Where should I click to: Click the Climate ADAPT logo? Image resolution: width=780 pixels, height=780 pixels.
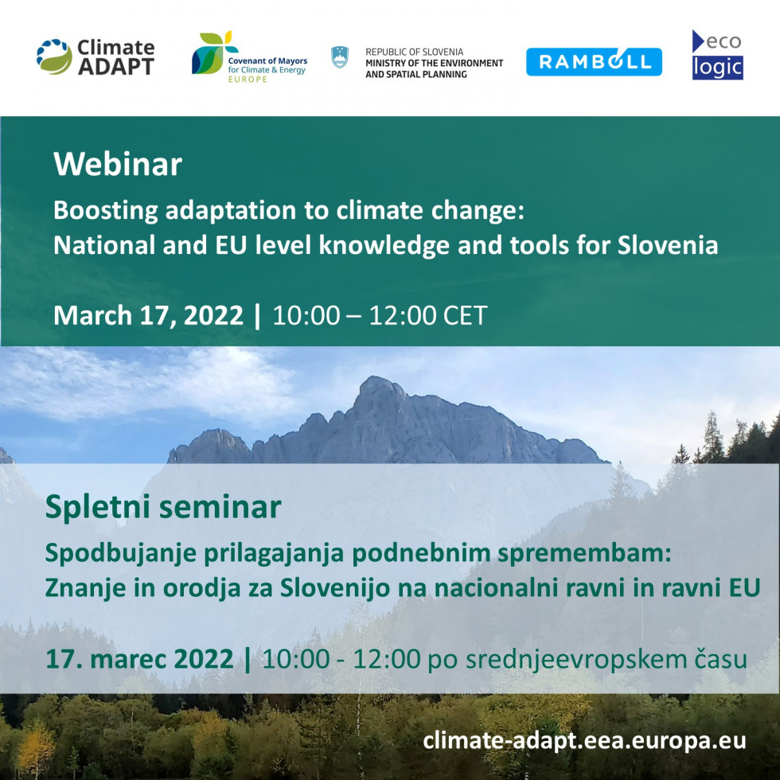point(96,57)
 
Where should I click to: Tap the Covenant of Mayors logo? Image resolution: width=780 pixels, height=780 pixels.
point(250,57)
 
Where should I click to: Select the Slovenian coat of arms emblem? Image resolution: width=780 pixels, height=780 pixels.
point(340,57)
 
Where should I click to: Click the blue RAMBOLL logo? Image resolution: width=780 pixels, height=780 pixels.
point(594,62)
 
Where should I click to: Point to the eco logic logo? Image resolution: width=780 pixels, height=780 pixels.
point(717,55)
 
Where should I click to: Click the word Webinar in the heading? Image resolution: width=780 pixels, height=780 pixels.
point(118,164)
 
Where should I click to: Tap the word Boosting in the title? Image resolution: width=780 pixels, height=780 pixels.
point(105,211)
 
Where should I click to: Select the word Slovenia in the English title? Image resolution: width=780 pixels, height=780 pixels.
point(668,245)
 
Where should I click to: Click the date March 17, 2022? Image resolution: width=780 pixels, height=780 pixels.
point(148,315)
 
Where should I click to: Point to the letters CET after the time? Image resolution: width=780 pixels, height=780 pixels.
point(465,315)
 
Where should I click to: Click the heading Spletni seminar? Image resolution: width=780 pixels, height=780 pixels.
point(163,507)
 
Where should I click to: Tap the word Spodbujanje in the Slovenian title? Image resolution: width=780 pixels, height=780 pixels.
point(121,554)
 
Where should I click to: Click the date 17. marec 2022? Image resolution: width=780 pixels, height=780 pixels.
point(139,659)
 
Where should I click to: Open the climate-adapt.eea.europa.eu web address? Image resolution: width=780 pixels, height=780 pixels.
point(584,741)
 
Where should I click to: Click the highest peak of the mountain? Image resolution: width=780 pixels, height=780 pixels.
point(376,378)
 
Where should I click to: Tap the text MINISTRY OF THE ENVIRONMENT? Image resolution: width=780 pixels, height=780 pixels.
point(435,63)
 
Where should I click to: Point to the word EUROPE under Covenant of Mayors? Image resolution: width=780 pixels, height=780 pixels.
point(248,79)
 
